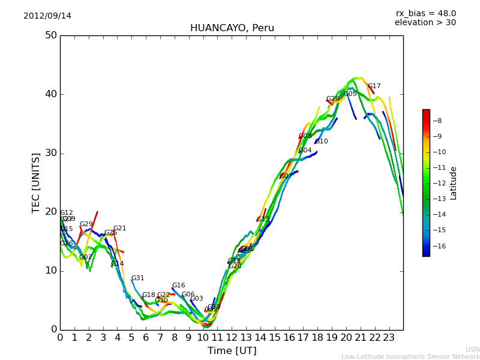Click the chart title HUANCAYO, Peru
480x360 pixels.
point(232,28)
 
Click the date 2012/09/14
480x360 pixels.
point(47,16)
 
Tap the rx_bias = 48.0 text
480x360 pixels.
point(425,14)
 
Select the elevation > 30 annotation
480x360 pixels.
point(425,23)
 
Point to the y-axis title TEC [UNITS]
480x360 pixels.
point(36,182)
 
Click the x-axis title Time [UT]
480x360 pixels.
point(232,351)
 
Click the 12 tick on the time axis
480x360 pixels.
point(232,338)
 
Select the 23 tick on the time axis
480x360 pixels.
point(389,338)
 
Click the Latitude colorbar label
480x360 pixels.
point(454,183)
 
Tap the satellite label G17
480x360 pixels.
point(374,86)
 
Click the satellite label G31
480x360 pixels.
point(138,278)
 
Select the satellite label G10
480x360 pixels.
point(322,142)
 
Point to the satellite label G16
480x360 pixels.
point(179,286)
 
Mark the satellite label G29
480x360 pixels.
point(86,224)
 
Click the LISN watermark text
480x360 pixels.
point(472,349)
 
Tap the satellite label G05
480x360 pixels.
point(350,94)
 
